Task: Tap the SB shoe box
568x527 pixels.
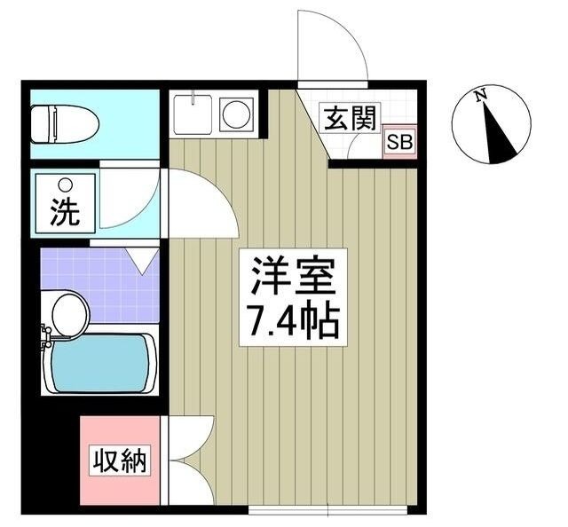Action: [398, 142]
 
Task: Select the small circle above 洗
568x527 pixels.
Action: [64, 185]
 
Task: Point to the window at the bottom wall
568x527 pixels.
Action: [327, 509]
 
